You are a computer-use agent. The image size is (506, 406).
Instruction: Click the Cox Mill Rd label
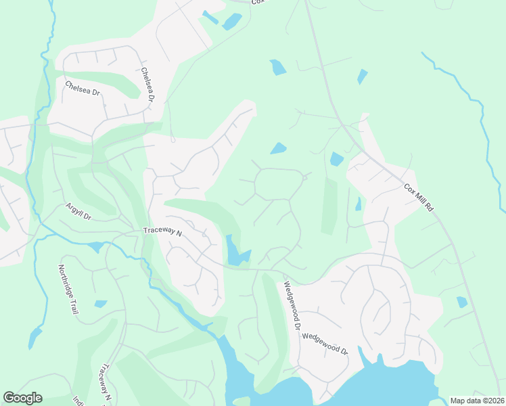point(419,198)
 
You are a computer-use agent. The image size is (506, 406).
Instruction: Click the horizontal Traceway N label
point(163,231)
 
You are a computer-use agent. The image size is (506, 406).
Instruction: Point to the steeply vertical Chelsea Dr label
point(148,85)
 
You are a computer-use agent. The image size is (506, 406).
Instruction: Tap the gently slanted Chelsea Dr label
point(83,90)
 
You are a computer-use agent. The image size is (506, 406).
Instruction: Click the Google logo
point(22,398)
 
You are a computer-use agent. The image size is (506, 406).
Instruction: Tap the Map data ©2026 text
point(476,401)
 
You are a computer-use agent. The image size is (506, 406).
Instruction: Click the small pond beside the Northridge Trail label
point(101,304)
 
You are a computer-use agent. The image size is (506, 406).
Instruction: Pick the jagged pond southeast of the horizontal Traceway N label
point(236,252)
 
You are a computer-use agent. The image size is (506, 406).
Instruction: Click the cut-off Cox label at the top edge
point(256,2)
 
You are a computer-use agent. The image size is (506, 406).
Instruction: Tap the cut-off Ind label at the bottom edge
point(76,401)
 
